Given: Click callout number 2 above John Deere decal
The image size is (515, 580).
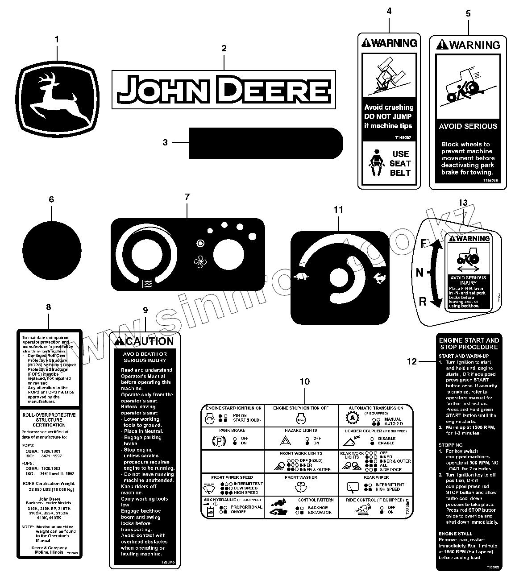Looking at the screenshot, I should tap(224, 48).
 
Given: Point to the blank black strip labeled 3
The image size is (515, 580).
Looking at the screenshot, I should tap(266, 143).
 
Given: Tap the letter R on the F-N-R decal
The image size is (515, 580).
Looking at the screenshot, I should tap(423, 302).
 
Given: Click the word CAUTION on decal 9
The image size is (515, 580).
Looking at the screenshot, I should tap(150, 342).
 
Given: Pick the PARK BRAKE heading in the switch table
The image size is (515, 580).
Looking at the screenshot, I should tap(232, 431).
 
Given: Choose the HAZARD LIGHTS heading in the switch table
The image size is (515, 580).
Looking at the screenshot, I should tap(301, 431).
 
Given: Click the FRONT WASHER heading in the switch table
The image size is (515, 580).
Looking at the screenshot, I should tap(301, 477).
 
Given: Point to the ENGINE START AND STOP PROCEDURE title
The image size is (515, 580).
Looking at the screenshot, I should tap(469, 344).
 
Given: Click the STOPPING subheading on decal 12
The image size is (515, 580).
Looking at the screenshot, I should tap(450, 445).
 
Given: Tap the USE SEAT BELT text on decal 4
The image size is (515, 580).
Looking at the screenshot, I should tap(400, 163).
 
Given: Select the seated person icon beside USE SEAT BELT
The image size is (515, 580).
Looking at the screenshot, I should tap(375, 163).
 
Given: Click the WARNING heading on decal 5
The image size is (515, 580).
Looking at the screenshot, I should tap(469, 45).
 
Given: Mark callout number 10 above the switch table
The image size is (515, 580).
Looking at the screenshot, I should tap(305, 381).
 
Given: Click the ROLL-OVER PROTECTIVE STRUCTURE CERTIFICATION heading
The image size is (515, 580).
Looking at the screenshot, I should tap(49, 420).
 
